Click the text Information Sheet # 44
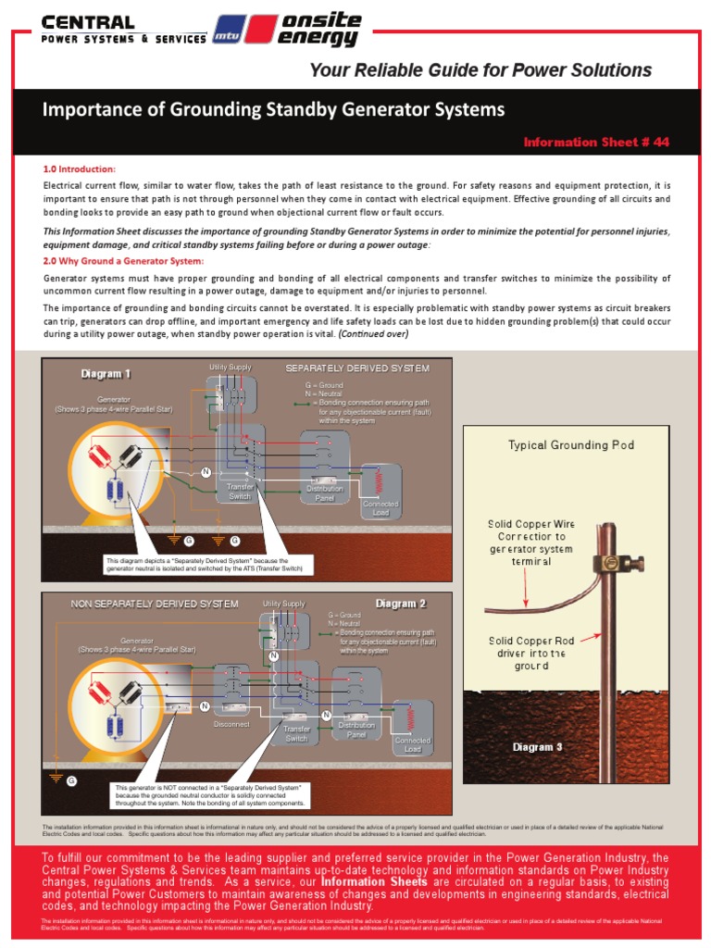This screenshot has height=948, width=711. coord(595,142)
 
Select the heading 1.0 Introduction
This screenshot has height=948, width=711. coord(80,169)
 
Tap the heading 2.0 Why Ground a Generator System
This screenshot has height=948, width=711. coord(123,261)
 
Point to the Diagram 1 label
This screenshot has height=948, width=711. coord(106,374)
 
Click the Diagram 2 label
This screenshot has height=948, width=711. coord(400,604)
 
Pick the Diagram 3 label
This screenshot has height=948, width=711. coord(537,747)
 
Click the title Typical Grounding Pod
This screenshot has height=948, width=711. coord(570,445)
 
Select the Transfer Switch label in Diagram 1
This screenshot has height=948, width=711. coord(240,491)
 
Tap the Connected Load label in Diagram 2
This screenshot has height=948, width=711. coord(412,744)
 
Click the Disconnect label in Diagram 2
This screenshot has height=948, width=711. coord(231,724)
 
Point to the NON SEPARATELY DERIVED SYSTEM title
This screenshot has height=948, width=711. coord(155,605)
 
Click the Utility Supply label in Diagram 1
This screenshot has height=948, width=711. coord(230,368)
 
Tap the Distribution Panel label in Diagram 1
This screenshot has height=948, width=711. coord(324,493)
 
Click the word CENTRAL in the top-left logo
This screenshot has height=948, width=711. coord(88,22)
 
